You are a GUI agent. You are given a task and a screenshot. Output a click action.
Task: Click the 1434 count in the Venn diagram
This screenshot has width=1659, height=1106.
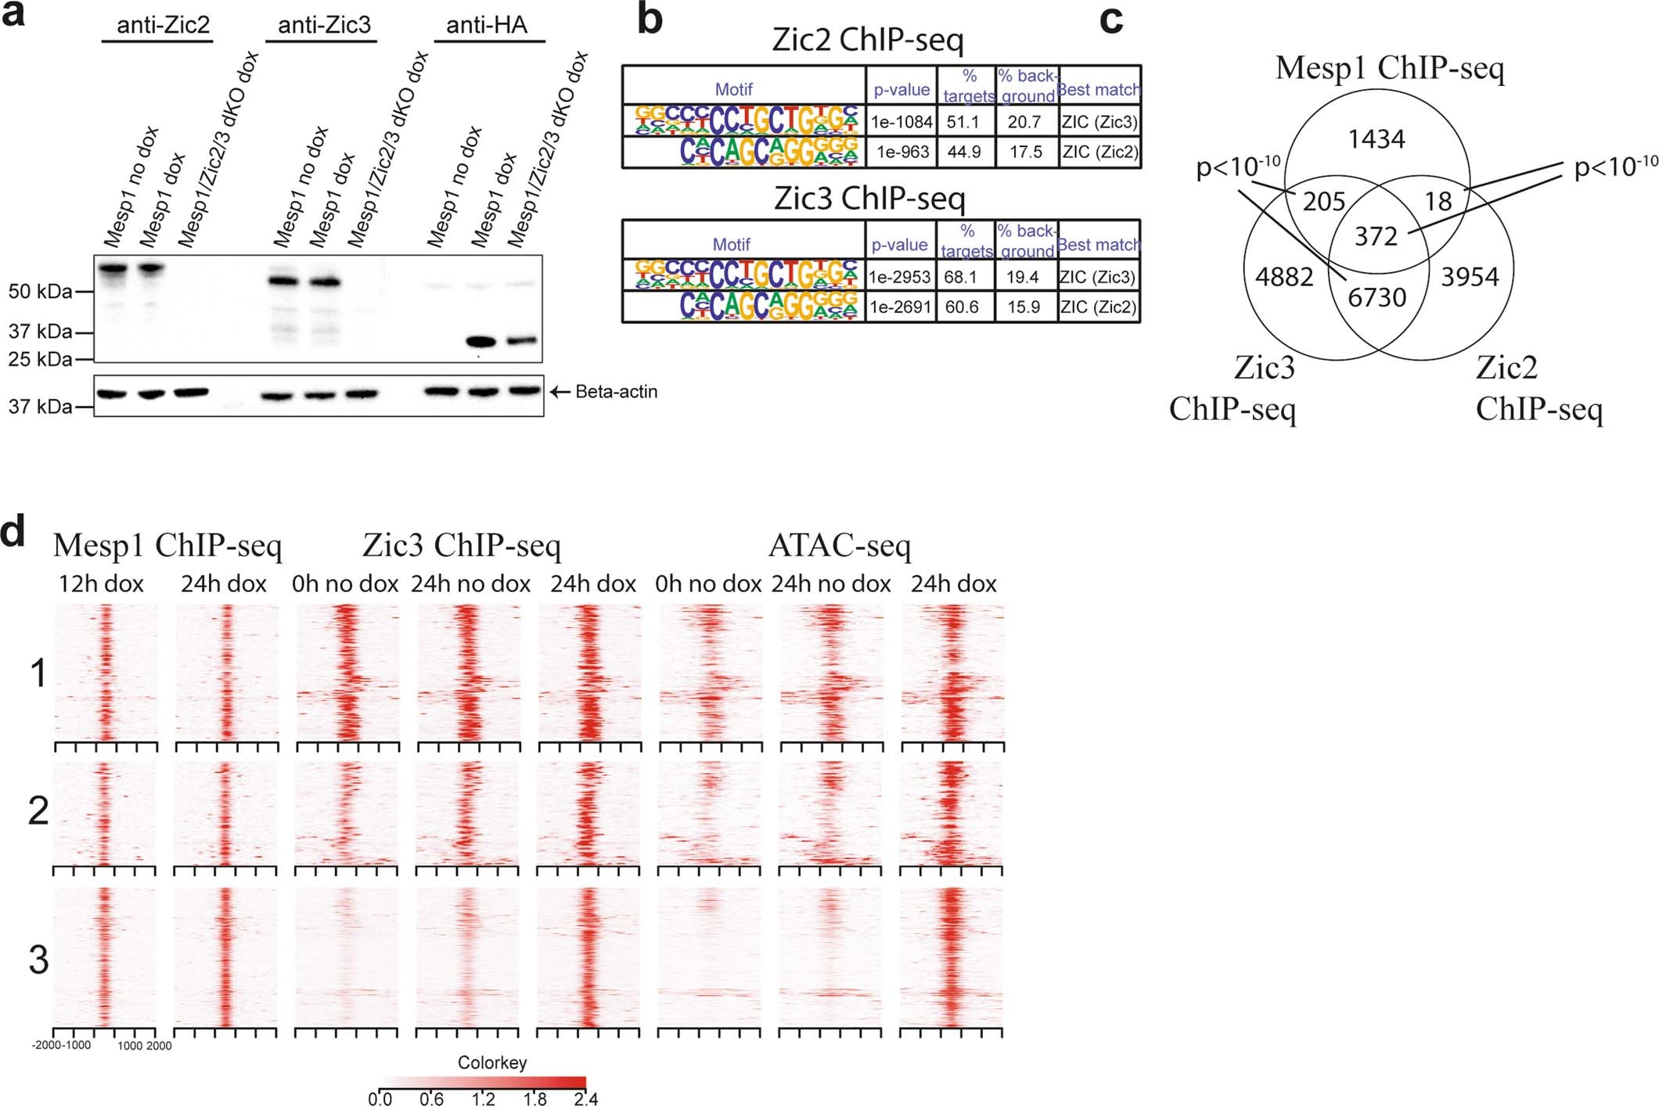pyautogui.click(x=1377, y=139)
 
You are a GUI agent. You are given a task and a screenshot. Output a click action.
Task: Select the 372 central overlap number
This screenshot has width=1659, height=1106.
pyautogui.click(x=1376, y=235)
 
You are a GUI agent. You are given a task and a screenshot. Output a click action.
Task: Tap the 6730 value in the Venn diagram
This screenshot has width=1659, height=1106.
pyautogui.click(x=1377, y=297)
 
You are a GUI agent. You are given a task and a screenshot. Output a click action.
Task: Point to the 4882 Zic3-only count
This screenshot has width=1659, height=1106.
pyautogui.click(x=1283, y=276)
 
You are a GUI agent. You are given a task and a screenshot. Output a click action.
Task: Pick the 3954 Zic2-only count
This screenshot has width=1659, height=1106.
pyautogui.click(x=1469, y=276)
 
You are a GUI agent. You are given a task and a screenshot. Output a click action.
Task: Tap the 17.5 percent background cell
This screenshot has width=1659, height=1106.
pyautogui.click(x=1025, y=152)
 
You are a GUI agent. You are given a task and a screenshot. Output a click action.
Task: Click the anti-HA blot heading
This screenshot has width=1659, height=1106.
pyautogui.click(x=487, y=26)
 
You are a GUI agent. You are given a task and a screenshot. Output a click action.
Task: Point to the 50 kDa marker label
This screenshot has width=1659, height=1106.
pyautogui.click(x=40, y=292)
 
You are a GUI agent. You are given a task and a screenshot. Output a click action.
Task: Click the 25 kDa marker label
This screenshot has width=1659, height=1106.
pyautogui.click(x=40, y=359)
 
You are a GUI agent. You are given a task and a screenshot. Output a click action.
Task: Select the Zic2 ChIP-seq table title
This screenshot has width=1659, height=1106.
pyautogui.click(x=868, y=40)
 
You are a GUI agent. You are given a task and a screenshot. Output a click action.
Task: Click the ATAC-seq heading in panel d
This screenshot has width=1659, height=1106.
pyautogui.click(x=839, y=546)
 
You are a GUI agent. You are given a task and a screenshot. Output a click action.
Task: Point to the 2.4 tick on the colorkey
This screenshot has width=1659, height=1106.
pyautogui.click(x=585, y=1099)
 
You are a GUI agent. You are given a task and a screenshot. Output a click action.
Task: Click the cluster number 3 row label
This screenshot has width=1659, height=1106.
pyautogui.click(x=38, y=959)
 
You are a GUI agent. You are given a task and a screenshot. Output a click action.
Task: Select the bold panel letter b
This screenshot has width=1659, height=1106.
pyautogui.click(x=650, y=19)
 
